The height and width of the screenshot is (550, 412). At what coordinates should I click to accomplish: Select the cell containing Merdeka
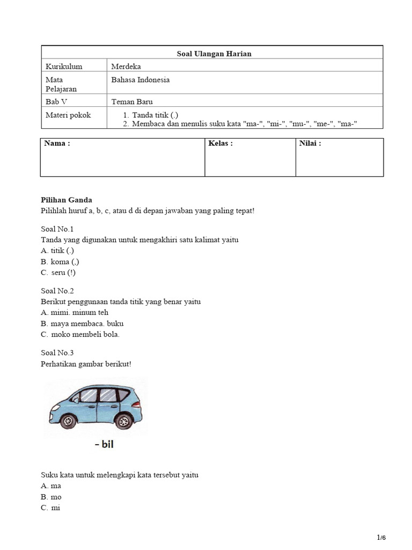click(126, 67)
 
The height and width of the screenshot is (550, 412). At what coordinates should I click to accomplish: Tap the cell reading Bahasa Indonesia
click(141, 80)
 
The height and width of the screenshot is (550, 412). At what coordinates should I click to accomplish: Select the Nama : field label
click(57, 143)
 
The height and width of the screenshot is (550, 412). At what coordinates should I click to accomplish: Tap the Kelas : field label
click(220, 143)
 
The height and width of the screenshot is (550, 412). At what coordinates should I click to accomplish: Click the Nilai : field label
click(310, 143)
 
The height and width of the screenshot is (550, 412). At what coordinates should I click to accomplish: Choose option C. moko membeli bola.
click(80, 335)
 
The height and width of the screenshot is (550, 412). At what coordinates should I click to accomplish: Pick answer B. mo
click(51, 497)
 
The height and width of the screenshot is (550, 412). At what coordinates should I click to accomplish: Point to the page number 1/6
click(381, 538)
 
